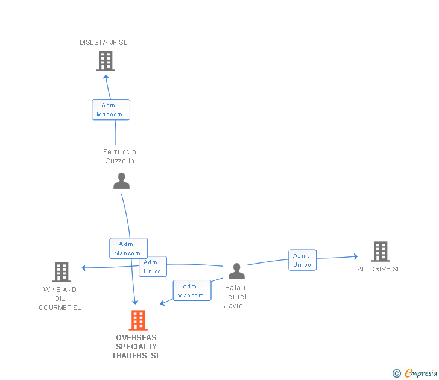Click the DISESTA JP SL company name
(103, 42)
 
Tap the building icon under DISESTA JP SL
(106, 61)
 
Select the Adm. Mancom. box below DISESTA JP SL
(111, 110)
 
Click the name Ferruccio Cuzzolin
(119, 156)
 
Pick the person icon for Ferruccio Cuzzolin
(121, 180)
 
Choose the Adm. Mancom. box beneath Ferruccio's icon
(128, 248)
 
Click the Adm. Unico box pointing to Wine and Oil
(153, 267)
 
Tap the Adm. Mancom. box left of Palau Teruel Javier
(192, 290)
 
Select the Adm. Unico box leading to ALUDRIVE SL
(302, 260)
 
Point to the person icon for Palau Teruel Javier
(236, 271)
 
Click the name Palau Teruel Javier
(235, 297)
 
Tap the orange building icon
(138, 320)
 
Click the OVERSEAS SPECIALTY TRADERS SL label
(136, 347)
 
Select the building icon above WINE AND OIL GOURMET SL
(62, 272)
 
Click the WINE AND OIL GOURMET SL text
(60, 299)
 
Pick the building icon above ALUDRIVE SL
(381, 252)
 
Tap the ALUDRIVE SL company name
(379, 269)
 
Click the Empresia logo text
(421, 373)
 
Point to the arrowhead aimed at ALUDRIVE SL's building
(356, 256)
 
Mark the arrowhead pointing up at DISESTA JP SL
(106, 77)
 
